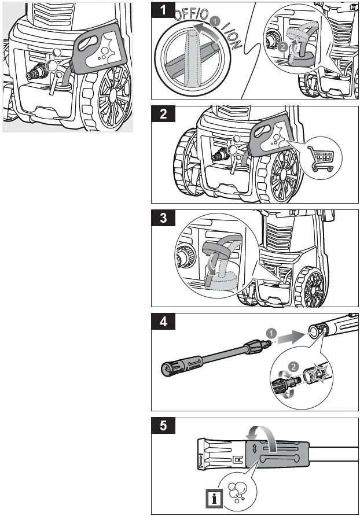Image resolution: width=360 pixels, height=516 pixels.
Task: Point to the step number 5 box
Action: [166, 427]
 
